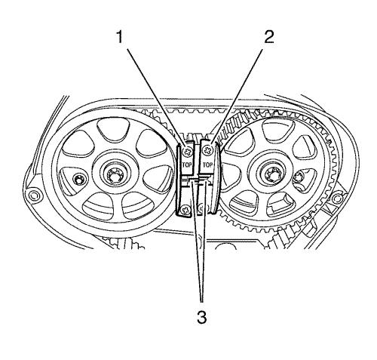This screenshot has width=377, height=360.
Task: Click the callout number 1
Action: coord(119,38)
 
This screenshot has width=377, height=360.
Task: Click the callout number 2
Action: coord(268,38)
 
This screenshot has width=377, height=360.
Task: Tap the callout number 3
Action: coord(201,317)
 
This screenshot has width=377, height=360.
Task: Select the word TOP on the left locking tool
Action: coord(187,165)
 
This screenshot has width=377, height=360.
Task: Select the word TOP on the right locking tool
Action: coord(207,165)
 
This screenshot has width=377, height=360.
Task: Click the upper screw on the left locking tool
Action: coord(187,152)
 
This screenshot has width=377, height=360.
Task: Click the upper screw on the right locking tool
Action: coord(207,151)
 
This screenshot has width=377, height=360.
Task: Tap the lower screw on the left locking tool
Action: coord(186,209)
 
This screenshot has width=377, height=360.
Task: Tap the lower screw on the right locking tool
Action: coord(201,208)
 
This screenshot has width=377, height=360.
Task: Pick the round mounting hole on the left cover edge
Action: coord(32,195)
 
